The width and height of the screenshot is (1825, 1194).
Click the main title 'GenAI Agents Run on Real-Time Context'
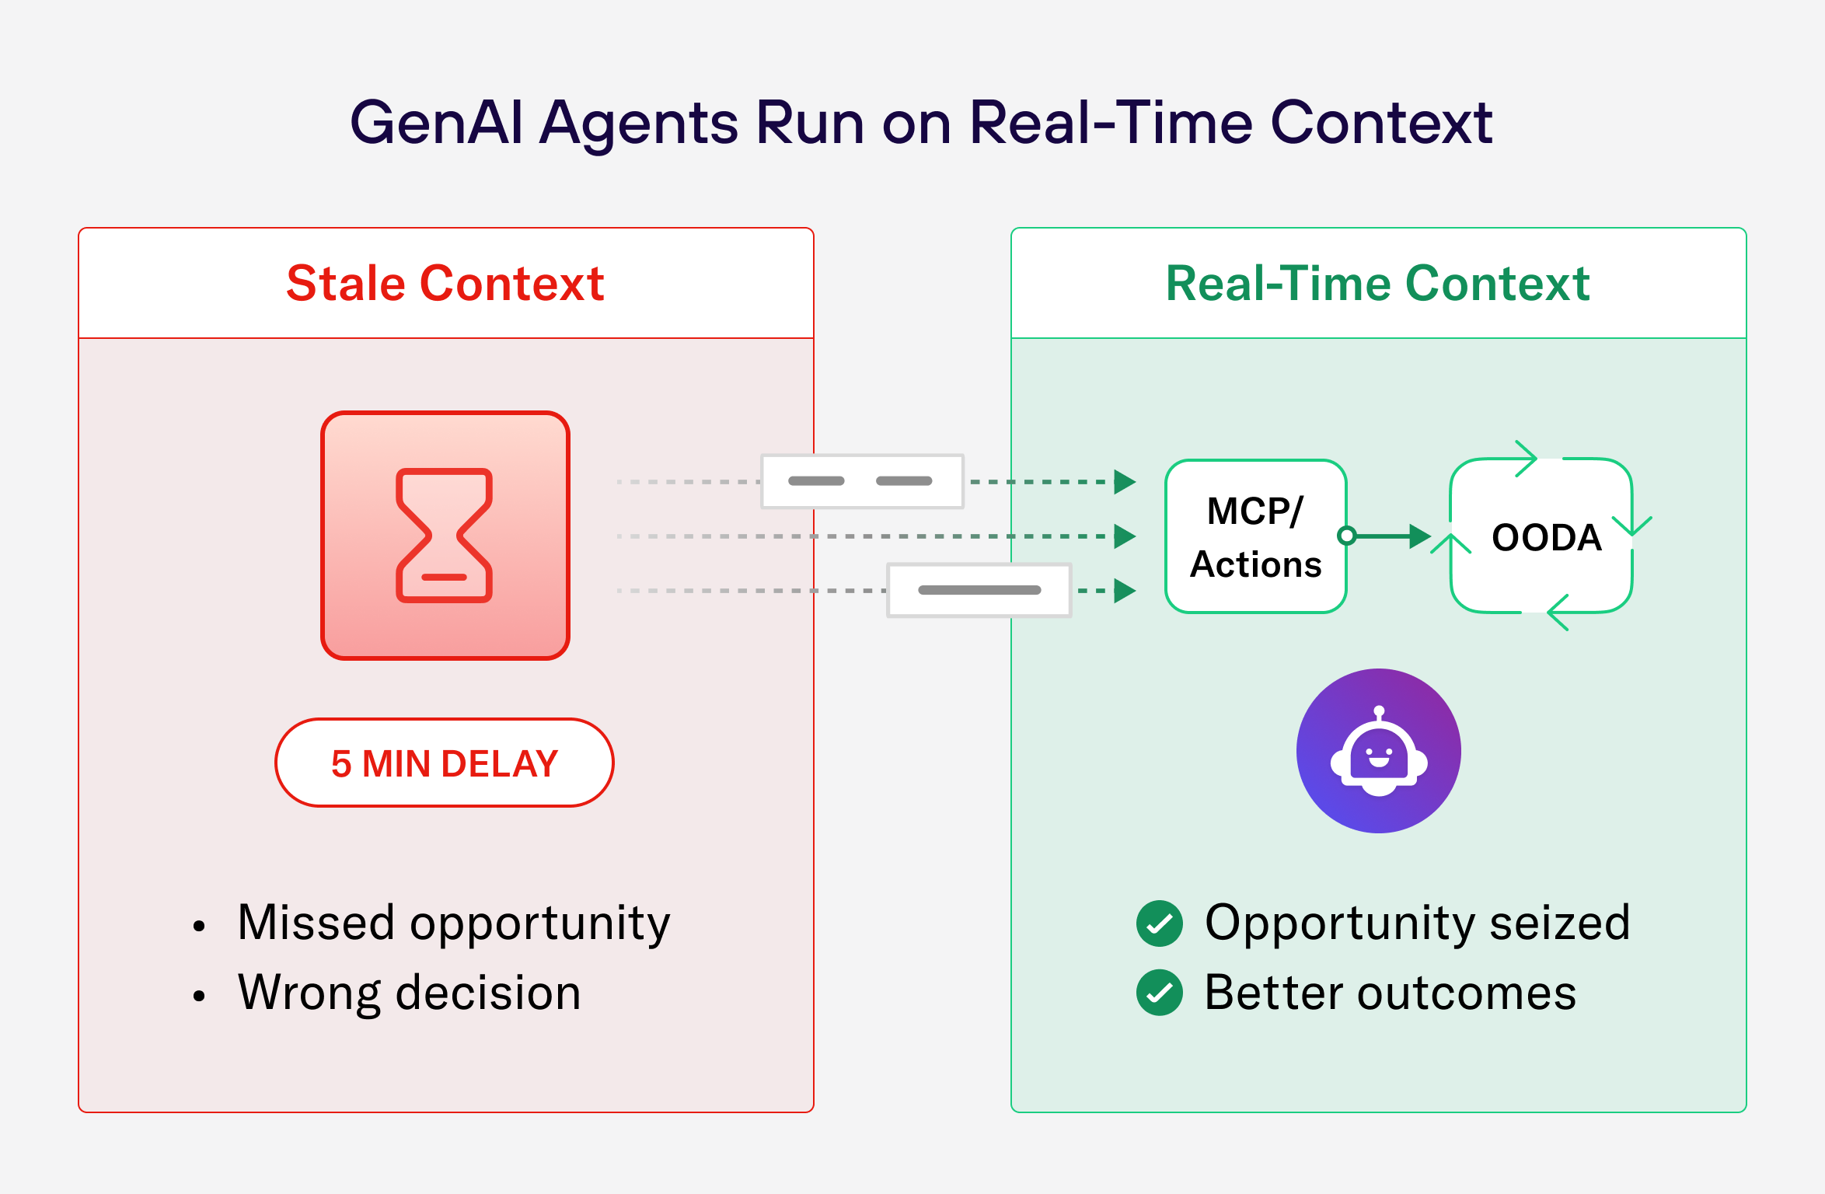click(x=920, y=123)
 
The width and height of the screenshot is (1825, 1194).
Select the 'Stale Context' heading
click(x=445, y=283)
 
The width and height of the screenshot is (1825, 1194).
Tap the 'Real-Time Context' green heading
click(x=1377, y=283)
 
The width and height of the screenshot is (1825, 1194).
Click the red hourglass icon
click(x=445, y=535)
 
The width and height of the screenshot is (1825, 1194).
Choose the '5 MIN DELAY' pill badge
click(x=445, y=763)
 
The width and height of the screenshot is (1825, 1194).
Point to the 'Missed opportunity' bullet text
click(x=454, y=923)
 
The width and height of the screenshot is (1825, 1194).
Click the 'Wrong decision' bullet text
click(x=410, y=993)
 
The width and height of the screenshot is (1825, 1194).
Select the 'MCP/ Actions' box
click(x=1255, y=536)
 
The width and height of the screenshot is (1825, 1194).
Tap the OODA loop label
click(x=1546, y=537)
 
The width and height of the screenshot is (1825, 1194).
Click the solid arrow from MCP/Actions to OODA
click(x=1391, y=536)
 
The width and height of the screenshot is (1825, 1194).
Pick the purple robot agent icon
click(x=1378, y=751)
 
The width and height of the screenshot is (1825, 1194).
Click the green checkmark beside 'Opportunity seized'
click(x=1160, y=923)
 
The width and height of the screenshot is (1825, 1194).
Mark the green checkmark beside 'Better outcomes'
click(x=1160, y=993)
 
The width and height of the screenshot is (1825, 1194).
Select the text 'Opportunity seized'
click(x=1417, y=923)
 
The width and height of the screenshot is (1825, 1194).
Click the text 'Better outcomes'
click(x=1390, y=993)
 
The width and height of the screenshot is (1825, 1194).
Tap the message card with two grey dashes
click(x=862, y=481)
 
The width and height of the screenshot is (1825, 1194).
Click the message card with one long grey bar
click(x=979, y=590)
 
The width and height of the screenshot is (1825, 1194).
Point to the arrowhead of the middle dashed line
click(x=1124, y=536)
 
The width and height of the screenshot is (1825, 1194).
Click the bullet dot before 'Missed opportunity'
click(x=200, y=926)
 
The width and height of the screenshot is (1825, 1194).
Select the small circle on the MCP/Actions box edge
click(x=1347, y=536)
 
